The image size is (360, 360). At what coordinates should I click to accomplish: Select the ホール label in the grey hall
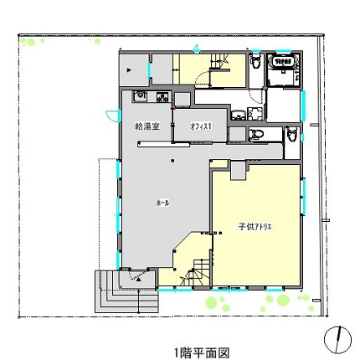pyautogui.click(x=162, y=203)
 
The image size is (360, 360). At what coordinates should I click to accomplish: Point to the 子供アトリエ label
pyautogui.click(x=255, y=226)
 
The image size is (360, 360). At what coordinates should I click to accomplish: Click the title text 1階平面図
pyautogui.click(x=201, y=352)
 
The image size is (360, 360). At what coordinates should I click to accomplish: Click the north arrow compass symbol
pyautogui.click(x=337, y=339)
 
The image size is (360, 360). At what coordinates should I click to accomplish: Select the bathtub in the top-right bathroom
pyautogui.click(x=285, y=63)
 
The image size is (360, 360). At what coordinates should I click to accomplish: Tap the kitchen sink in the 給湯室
pyautogui.click(x=138, y=98)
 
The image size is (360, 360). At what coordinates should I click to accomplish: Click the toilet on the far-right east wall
pyautogui.click(x=291, y=134)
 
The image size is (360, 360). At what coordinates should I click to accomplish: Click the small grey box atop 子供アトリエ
pyautogui.click(x=239, y=172)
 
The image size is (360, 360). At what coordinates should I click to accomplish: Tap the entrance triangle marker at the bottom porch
pyautogui.click(x=130, y=280)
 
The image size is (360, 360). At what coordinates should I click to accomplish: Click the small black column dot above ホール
pyautogui.click(x=172, y=162)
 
